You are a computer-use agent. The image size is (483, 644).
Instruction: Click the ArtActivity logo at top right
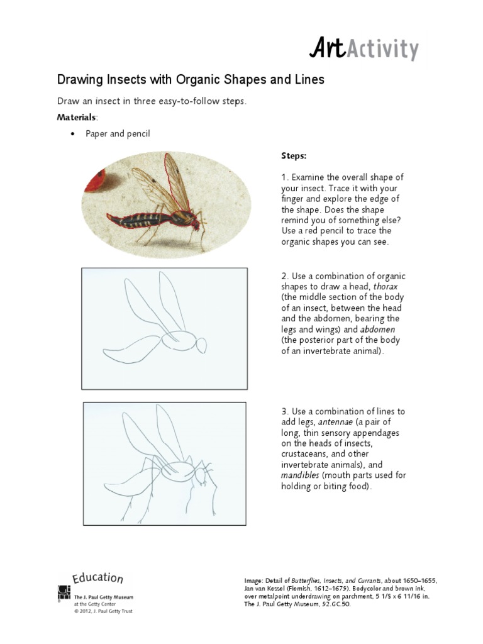(363, 49)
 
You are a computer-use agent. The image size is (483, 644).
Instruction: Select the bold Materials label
(77, 118)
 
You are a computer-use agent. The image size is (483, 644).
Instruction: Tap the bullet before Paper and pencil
(74, 135)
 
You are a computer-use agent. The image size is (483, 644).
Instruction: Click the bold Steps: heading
(294, 155)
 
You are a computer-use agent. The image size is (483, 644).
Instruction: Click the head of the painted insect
(197, 221)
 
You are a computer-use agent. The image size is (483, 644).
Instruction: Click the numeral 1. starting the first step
(284, 177)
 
